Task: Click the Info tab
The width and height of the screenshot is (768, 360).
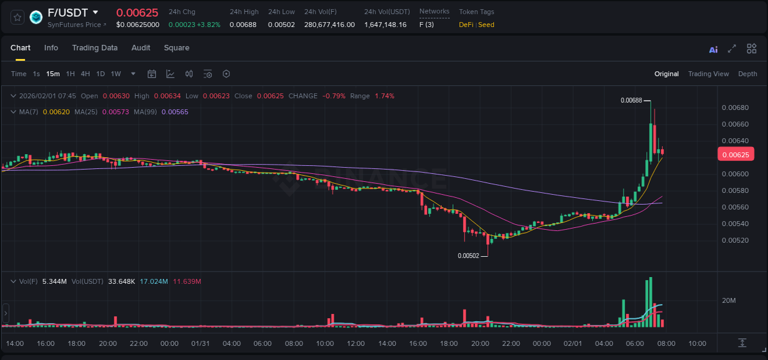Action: (x=51, y=48)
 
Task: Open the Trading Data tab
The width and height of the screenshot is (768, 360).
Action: (x=95, y=48)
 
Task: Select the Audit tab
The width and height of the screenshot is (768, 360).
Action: (x=141, y=48)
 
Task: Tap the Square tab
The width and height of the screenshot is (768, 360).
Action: (x=176, y=48)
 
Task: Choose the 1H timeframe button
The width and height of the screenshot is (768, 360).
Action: (x=70, y=74)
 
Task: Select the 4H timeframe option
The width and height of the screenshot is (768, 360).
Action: (x=85, y=74)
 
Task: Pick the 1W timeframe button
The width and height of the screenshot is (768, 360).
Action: (x=116, y=74)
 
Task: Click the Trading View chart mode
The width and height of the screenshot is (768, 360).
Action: (x=708, y=74)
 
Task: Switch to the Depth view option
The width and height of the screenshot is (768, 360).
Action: (x=748, y=74)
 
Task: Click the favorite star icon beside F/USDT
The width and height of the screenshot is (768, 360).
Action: (x=17, y=17)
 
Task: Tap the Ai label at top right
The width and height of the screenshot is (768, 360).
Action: (x=713, y=50)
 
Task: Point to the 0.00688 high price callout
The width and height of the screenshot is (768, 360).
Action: (x=631, y=100)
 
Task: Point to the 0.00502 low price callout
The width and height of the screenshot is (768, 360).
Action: (x=468, y=256)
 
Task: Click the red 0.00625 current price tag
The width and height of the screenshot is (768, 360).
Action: (x=735, y=155)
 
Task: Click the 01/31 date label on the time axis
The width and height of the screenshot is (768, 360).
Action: (x=200, y=343)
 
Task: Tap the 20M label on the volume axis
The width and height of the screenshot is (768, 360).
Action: (x=729, y=300)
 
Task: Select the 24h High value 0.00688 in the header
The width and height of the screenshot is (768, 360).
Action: (x=243, y=25)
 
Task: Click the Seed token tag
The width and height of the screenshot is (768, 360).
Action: (x=486, y=25)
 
